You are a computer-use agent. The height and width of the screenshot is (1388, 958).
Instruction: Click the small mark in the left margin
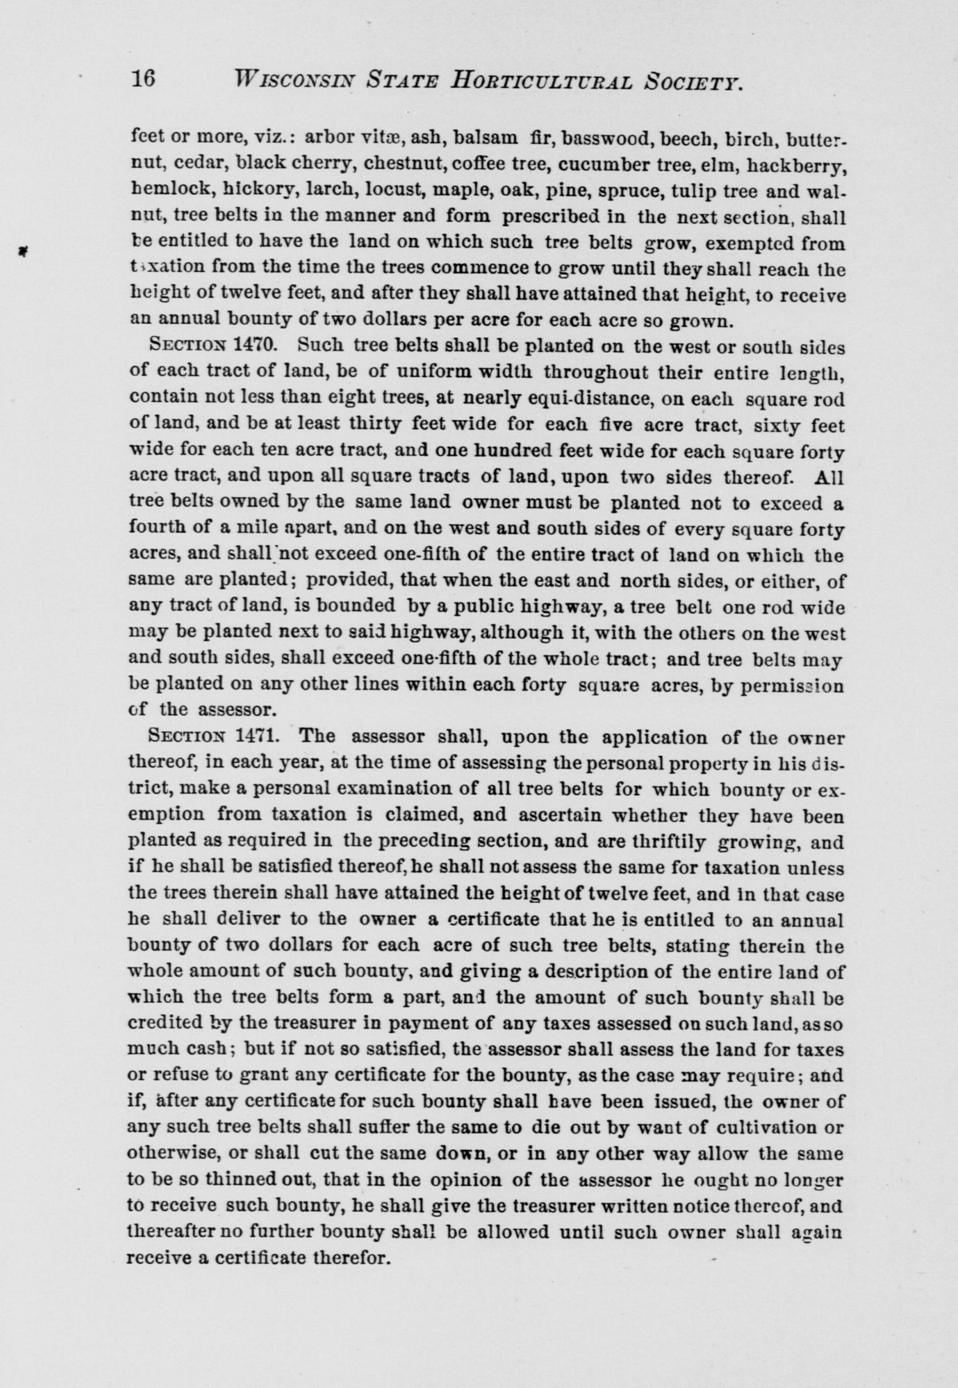point(22,252)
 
